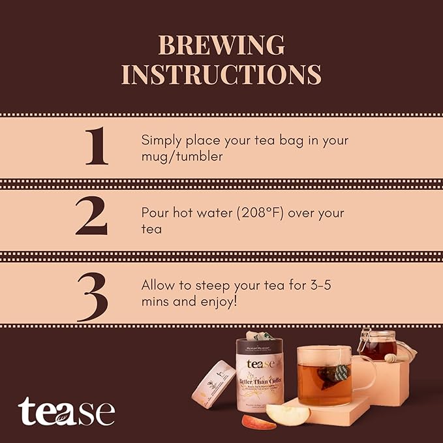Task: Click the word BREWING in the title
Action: [221, 45]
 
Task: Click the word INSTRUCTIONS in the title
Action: [221, 74]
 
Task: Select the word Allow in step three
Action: [156, 286]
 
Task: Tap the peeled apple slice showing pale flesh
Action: [288, 414]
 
